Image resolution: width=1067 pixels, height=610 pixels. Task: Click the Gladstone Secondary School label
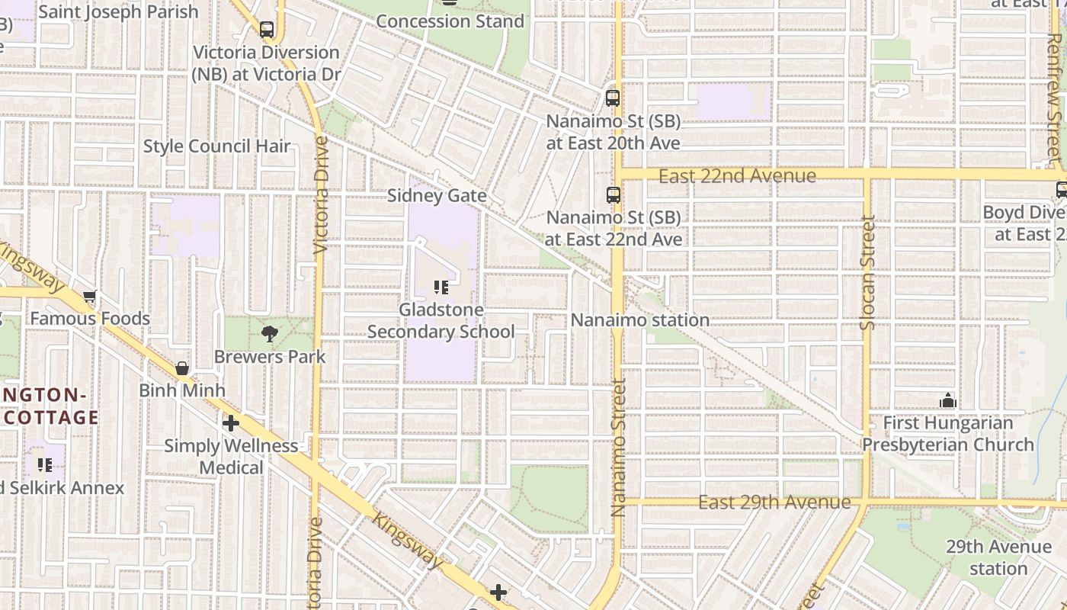click(x=441, y=321)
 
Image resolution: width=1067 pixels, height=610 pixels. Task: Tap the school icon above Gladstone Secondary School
click(x=441, y=287)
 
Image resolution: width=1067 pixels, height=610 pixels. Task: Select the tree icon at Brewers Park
click(x=269, y=333)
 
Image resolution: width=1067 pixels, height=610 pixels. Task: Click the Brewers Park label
click(x=269, y=357)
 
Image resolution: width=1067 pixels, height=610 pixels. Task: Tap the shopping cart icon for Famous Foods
click(x=90, y=296)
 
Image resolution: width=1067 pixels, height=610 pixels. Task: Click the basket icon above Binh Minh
click(x=182, y=368)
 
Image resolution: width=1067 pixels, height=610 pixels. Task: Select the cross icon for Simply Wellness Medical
click(x=231, y=422)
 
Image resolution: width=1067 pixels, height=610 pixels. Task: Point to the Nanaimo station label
click(x=639, y=320)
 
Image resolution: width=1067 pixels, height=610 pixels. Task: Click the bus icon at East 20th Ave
click(x=613, y=98)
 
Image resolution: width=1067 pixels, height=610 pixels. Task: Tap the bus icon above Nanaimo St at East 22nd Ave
click(x=613, y=195)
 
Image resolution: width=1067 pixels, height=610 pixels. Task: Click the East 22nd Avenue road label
click(x=737, y=176)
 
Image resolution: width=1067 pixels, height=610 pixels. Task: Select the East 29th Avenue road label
click(x=774, y=502)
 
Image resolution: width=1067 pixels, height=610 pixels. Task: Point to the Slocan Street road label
click(x=868, y=273)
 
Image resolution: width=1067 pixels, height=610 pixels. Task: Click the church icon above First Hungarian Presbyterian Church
click(x=947, y=400)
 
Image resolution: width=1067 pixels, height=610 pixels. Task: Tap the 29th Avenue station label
click(x=998, y=557)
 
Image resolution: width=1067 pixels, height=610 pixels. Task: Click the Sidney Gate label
click(x=437, y=196)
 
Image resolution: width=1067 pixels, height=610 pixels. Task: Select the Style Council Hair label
click(x=216, y=146)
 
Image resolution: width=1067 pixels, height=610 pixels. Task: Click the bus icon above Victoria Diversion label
click(x=267, y=30)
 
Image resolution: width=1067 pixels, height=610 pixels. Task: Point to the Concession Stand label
click(x=450, y=21)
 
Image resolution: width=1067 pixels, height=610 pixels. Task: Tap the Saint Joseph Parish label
click(x=118, y=12)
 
